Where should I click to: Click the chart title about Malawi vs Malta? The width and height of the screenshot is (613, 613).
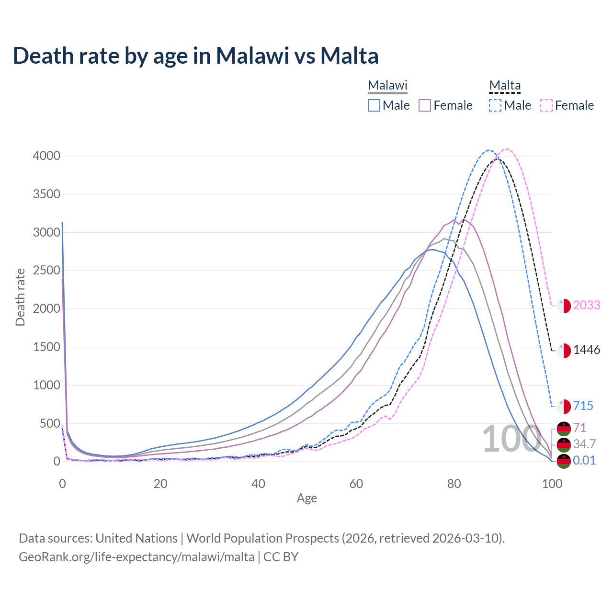195,56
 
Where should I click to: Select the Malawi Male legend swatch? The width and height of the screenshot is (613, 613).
374,105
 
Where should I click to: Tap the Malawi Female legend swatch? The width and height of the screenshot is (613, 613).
425,105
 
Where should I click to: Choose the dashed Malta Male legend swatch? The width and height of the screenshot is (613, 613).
495,105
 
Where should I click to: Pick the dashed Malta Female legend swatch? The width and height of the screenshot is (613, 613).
546,105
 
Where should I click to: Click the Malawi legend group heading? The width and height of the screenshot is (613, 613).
387,86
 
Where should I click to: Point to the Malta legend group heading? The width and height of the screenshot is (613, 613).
505,86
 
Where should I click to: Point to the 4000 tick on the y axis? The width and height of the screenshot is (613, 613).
46,156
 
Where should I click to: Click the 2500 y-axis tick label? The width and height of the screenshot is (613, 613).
46,271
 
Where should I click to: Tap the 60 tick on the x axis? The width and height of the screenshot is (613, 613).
356,484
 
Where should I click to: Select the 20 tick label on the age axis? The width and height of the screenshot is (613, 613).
160,484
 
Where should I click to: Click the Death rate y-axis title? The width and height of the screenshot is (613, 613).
20,297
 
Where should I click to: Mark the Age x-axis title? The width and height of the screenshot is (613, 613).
306,499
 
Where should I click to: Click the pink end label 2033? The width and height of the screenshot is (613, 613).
586,305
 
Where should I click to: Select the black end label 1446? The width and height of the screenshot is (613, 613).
586,350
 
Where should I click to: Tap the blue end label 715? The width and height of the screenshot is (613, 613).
583,406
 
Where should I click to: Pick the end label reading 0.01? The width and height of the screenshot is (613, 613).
584,461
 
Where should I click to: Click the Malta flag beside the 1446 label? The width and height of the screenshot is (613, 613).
564,351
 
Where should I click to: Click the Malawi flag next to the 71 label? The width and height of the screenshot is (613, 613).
564,429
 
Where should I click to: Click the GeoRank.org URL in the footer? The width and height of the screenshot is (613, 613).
136,557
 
